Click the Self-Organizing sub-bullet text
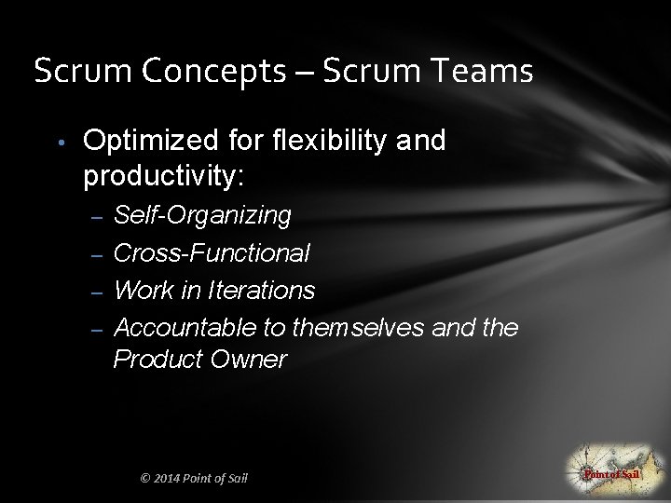click(x=202, y=216)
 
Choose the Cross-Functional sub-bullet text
click(x=212, y=253)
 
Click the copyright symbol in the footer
click(x=144, y=479)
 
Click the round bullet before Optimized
click(x=59, y=143)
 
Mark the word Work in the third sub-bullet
click(x=142, y=291)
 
